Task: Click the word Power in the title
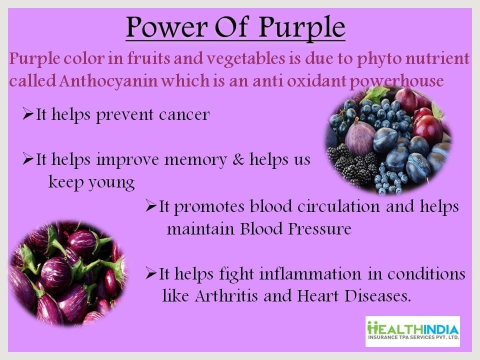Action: pyautogui.click(x=167, y=27)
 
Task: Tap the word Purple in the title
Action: pyautogui.click(x=302, y=28)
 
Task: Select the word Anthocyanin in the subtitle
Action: pyautogui.click(x=108, y=81)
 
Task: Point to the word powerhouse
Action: pyautogui.click(x=396, y=81)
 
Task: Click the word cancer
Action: pyautogui.click(x=184, y=115)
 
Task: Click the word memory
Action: pyautogui.click(x=195, y=160)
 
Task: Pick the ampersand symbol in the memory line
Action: pyautogui.click(x=238, y=159)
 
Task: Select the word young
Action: pyautogui.click(x=111, y=183)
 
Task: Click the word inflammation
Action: pyautogui.click(x=310, y=273)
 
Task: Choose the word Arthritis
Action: pyautogui.click(x=226, y=295)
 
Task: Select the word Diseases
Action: pyautogui.click(x=378, y=295)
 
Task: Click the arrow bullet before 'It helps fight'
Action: pyautogui.click(x=150, y=273)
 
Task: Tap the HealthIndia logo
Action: pyautogui.click(x=412, y=331)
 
